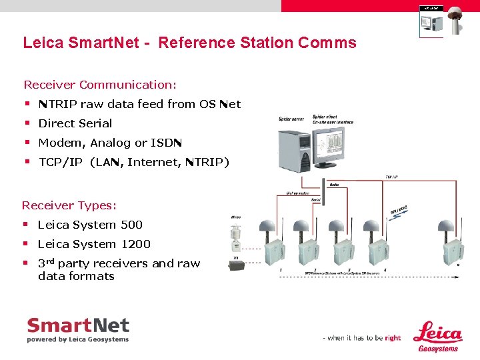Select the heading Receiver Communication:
[x=100, y=85]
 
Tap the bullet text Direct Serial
[x=75, y=123]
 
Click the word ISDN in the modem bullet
[x=166, y=143]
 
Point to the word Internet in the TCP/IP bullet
[x=153, y=162]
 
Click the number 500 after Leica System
[x=131, y=225]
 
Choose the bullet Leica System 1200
[x=94, y=244]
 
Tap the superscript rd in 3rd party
[x=51, y=261]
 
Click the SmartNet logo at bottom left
[x=78, y=330]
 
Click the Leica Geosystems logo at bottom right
[x=437, y=336]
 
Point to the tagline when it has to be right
[x=362, y=338]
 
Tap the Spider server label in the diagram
[x=291, y=120]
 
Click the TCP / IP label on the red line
[x=392, y=177]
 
